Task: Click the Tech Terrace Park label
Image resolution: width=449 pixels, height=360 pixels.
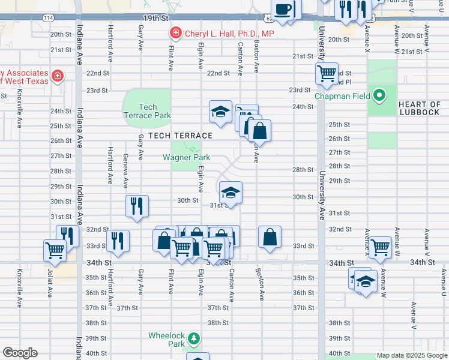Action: click(x=147, y=111)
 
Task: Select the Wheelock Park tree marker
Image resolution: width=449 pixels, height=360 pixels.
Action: click(x=193, y=339)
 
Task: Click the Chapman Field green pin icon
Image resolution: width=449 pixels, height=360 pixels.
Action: click(x=379, y=95)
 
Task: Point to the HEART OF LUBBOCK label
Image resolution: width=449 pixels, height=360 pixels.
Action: click(x=420, y=109)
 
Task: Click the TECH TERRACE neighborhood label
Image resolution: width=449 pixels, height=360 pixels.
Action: click(x=181, y=136)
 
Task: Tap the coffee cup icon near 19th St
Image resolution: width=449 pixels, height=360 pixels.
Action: click(x=283, y=9)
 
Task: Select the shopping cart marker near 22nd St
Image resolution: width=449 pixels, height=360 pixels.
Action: click(x=327, y=74)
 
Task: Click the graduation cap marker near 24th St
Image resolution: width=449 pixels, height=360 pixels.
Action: click(x=220, y=111)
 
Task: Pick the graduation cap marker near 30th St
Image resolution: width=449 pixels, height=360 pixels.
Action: click(x=231, y=193)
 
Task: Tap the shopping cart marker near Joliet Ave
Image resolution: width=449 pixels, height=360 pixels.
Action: click(x=55, y=249)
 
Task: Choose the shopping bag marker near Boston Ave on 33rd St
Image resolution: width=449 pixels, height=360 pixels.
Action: click(x=270, y=236)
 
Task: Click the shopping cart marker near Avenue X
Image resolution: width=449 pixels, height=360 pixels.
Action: click(x=380, y=246)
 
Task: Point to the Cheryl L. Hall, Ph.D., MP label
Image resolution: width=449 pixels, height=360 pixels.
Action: click(x=229, y=34)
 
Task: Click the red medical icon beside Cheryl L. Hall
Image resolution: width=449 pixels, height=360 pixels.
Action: click(x=175, y=33)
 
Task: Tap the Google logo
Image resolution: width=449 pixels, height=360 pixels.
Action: click(x=20, y=353)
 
